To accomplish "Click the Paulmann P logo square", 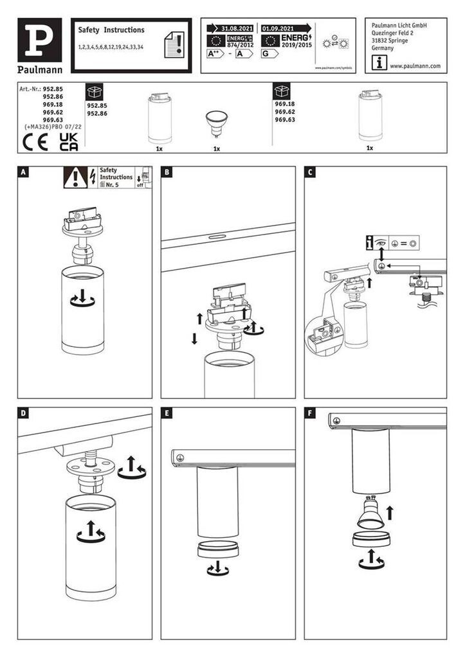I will [x=39, y=39].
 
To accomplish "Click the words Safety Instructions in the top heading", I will [x=111, y=30].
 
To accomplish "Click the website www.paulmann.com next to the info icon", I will [x=415, y=66].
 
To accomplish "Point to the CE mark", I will [x=35, y=142].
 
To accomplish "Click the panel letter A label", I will [x=24, y=172].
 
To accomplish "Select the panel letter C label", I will [x=311, y=172].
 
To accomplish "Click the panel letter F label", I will [x=311, y=413].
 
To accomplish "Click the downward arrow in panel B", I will [x=194, y=339].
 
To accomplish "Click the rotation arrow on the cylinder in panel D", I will [x=90, y=533].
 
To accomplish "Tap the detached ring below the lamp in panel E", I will [x=218, y=550].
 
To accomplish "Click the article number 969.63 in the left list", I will [x=52, y=120].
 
